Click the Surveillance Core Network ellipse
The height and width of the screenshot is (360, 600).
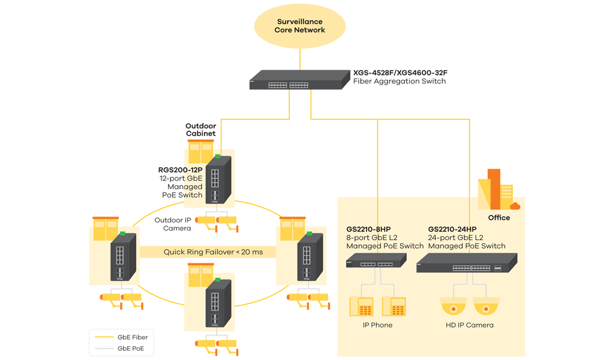[300, 26]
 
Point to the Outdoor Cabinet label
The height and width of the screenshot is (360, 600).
[200, 130]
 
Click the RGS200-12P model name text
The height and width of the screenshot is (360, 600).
[180, 170]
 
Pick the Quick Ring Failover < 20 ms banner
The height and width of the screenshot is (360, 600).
[213, 252]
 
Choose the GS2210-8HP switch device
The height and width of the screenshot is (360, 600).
[376, 261]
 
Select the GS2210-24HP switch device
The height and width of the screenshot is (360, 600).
[466, 263]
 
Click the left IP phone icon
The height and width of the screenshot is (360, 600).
[361, 307]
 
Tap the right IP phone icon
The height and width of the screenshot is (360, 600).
[394, 307]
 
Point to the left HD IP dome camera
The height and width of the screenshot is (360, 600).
[454, 307]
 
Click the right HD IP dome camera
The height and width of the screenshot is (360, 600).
[486, 307]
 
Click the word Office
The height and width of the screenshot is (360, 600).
[499, 218]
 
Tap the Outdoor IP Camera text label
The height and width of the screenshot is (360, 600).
[173, 224]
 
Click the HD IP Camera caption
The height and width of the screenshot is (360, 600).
[470, 325]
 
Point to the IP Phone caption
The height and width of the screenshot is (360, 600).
[377, 325]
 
